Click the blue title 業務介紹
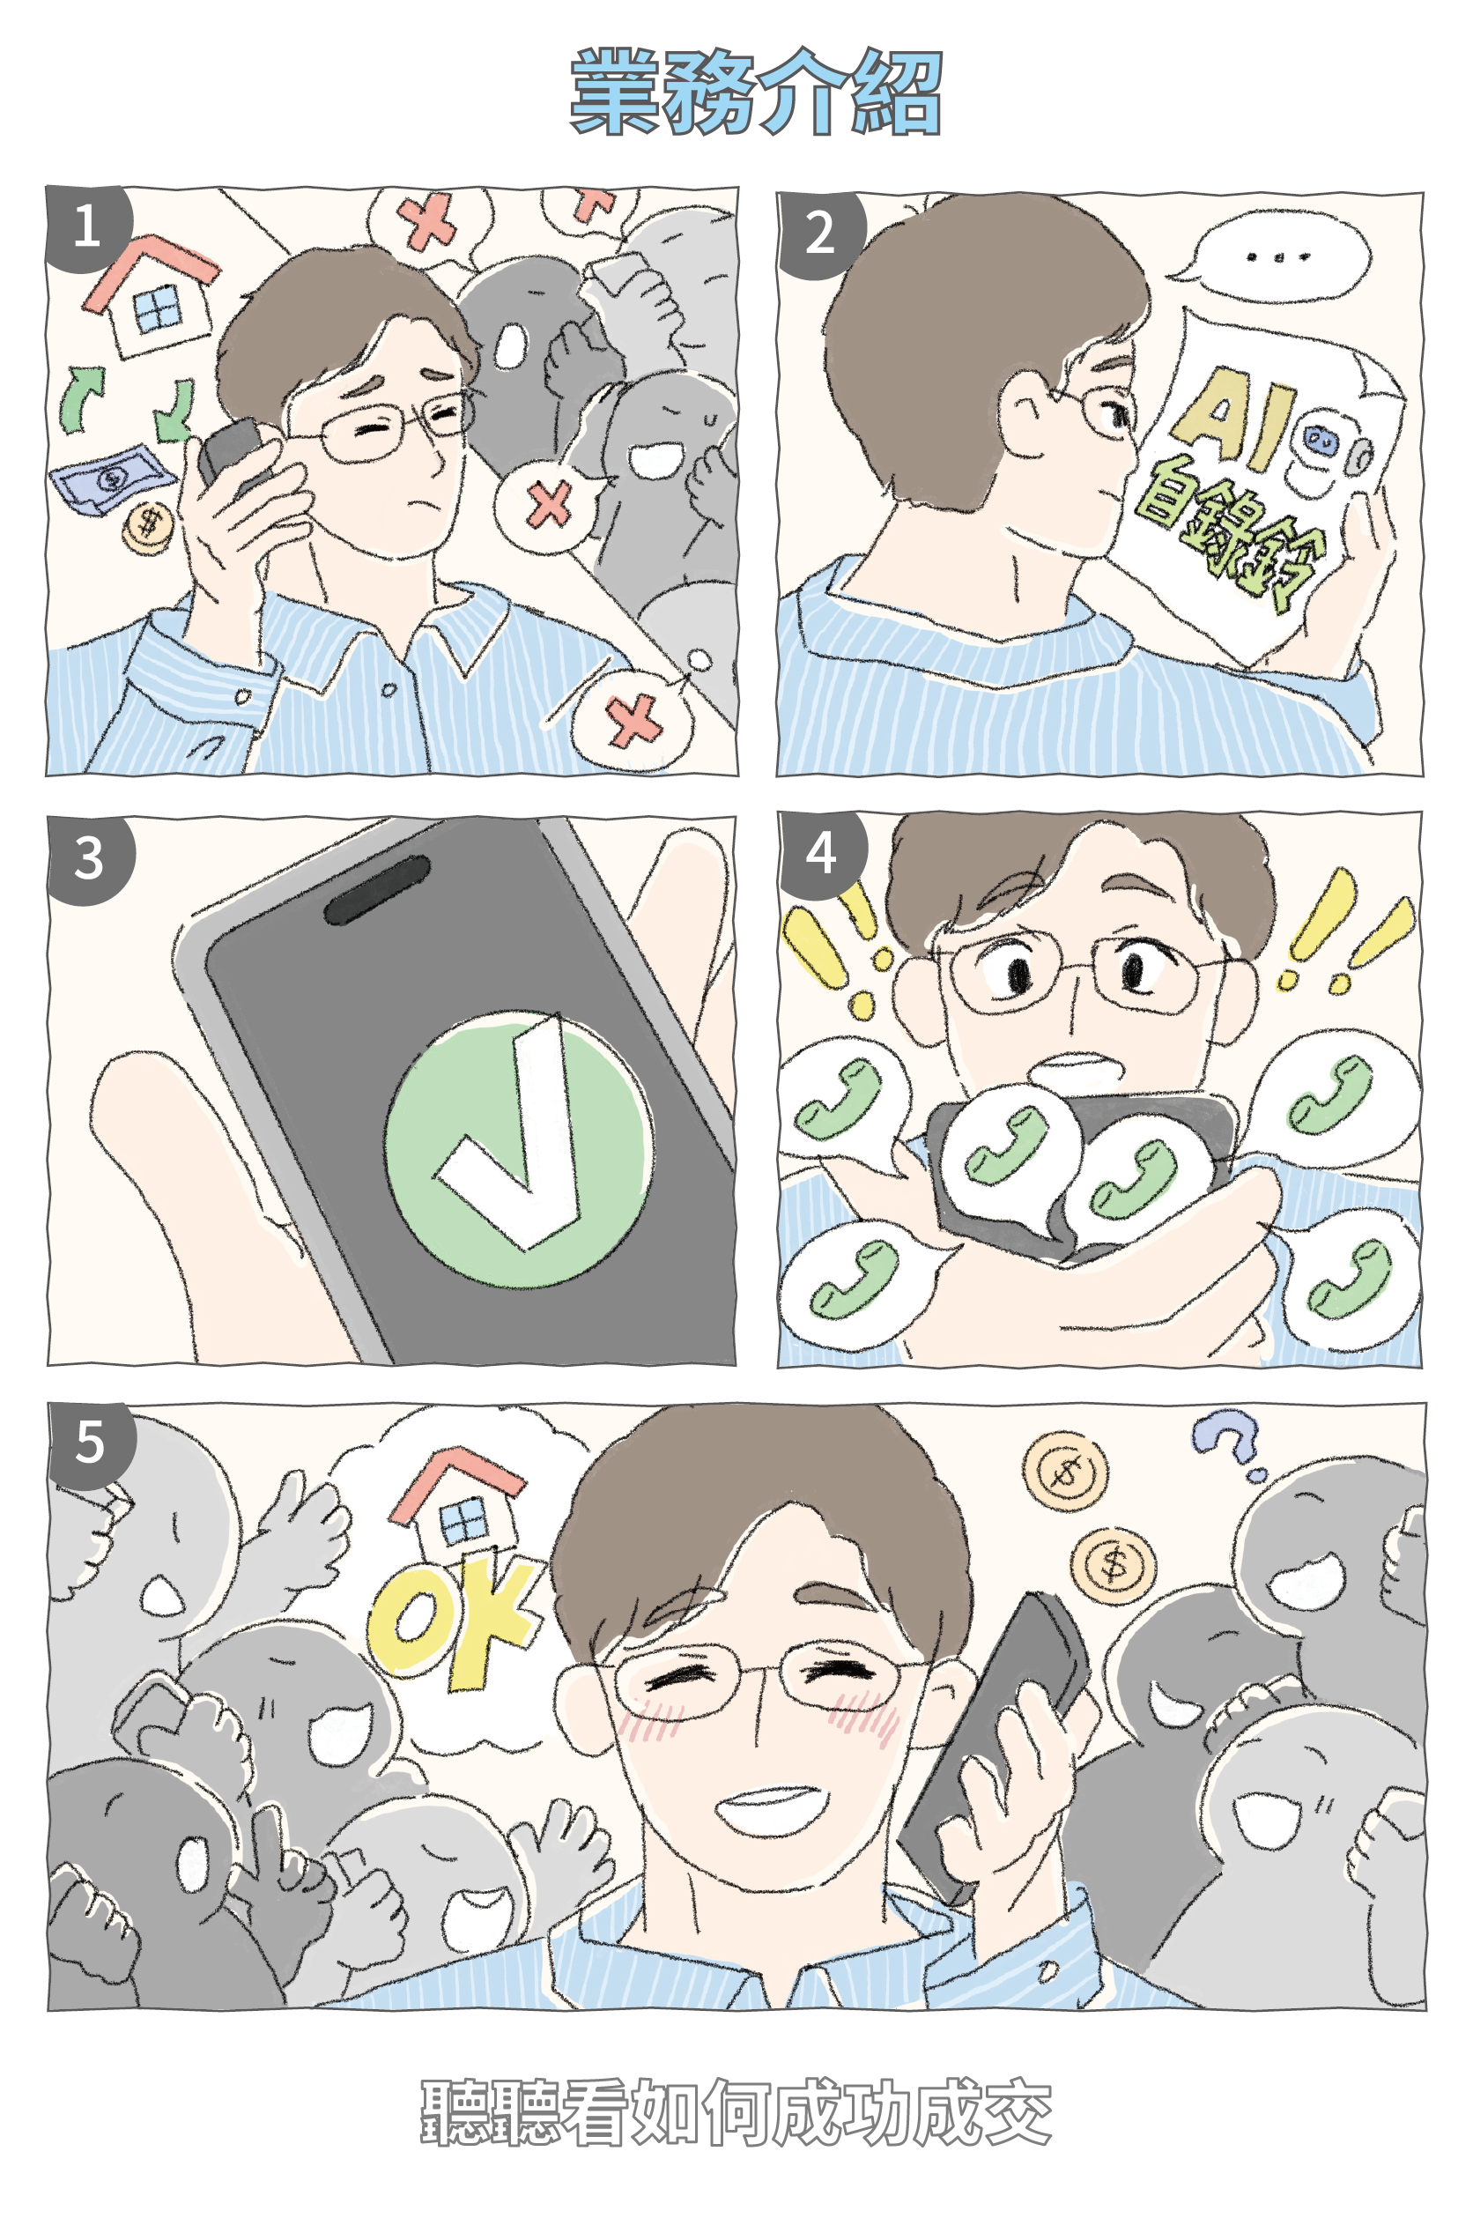[755, 92]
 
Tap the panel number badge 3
[89, 858]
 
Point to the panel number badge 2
[819, 233]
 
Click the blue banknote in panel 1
[112, 478]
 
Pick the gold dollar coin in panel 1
[148, 527]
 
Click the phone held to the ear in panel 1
[229, 456]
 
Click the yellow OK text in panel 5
[451, 1625]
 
